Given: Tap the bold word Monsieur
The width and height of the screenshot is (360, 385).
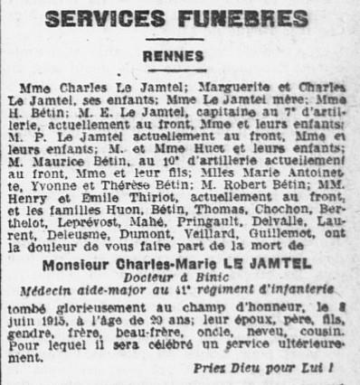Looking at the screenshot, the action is coord(76,263).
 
